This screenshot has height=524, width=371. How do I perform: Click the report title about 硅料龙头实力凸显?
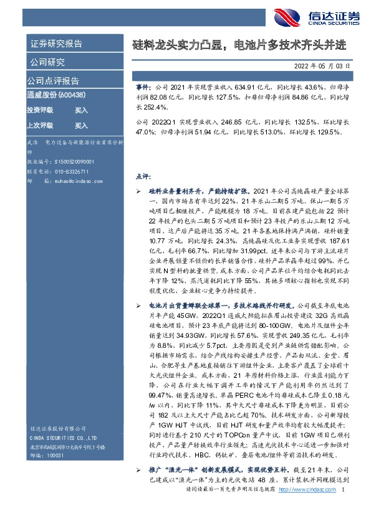coord(238,46)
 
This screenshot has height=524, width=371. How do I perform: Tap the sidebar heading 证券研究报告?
coord(55,44)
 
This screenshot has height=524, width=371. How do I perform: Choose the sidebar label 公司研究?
coord(47,62)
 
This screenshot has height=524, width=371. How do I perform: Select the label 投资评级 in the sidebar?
coord(40,110)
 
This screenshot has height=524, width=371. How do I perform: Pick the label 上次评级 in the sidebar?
coord(40,126)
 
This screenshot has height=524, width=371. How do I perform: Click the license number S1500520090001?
coord(69,160)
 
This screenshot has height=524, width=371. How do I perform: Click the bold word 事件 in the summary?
coord(143,88)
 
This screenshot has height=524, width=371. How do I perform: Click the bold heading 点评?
coord(143,176)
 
